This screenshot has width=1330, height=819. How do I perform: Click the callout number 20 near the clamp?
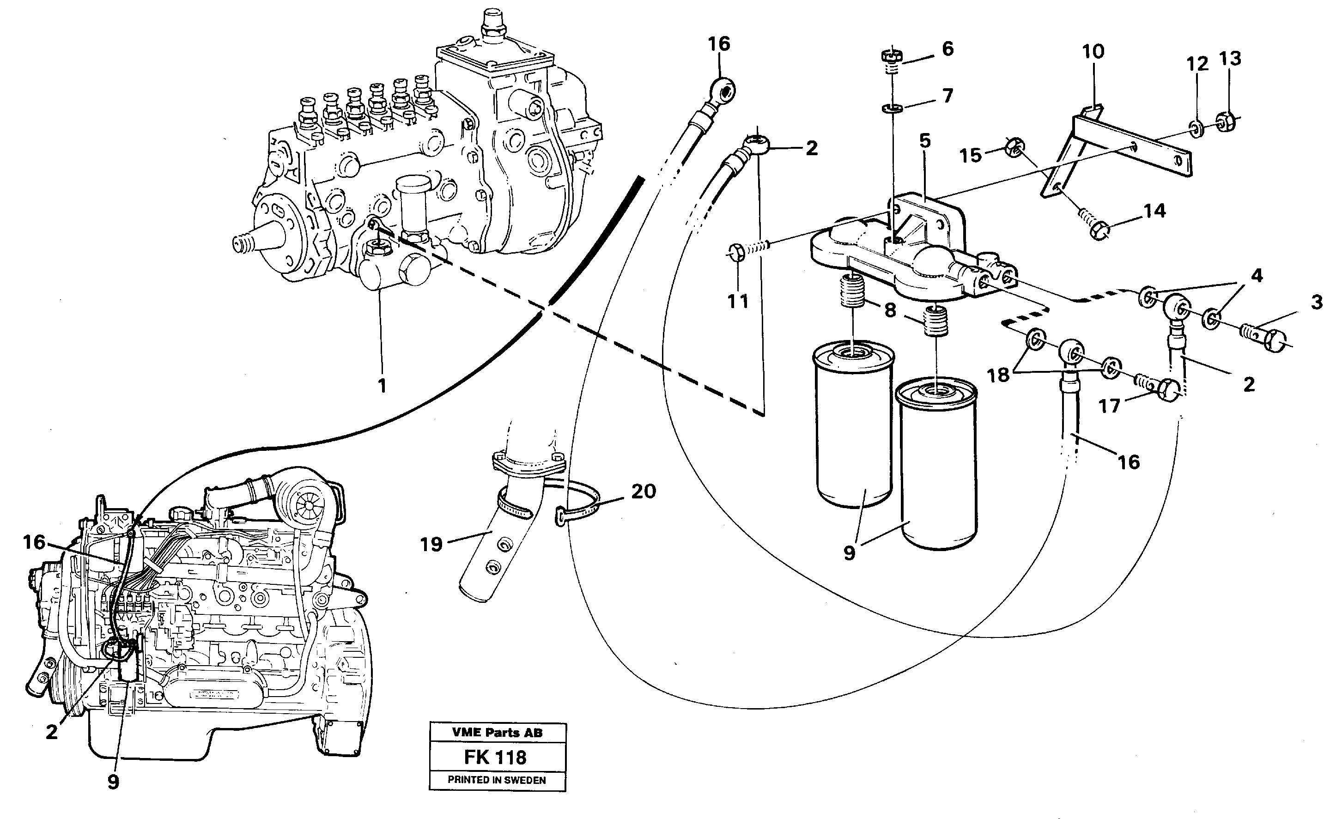[x=644, y=491]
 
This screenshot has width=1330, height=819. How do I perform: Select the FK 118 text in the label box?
[x=495, y=757]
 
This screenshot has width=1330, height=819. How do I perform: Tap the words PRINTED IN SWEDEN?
[x=497, y=780]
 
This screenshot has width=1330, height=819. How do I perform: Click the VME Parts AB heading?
[x=497, y=733]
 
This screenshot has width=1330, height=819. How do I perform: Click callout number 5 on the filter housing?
[x=925, y=141]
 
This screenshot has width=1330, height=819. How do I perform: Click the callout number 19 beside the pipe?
[x=431, y=544]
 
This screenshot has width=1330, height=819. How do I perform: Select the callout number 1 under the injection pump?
[x=382, y=386]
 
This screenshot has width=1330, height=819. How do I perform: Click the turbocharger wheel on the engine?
[x=307, y=504]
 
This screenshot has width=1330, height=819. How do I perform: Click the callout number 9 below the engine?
[x=113, y=782]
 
